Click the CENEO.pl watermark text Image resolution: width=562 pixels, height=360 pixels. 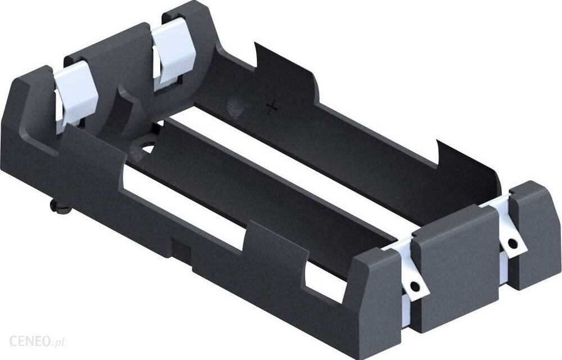point(37,341)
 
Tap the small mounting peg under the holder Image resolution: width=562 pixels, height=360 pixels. point(57,207)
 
